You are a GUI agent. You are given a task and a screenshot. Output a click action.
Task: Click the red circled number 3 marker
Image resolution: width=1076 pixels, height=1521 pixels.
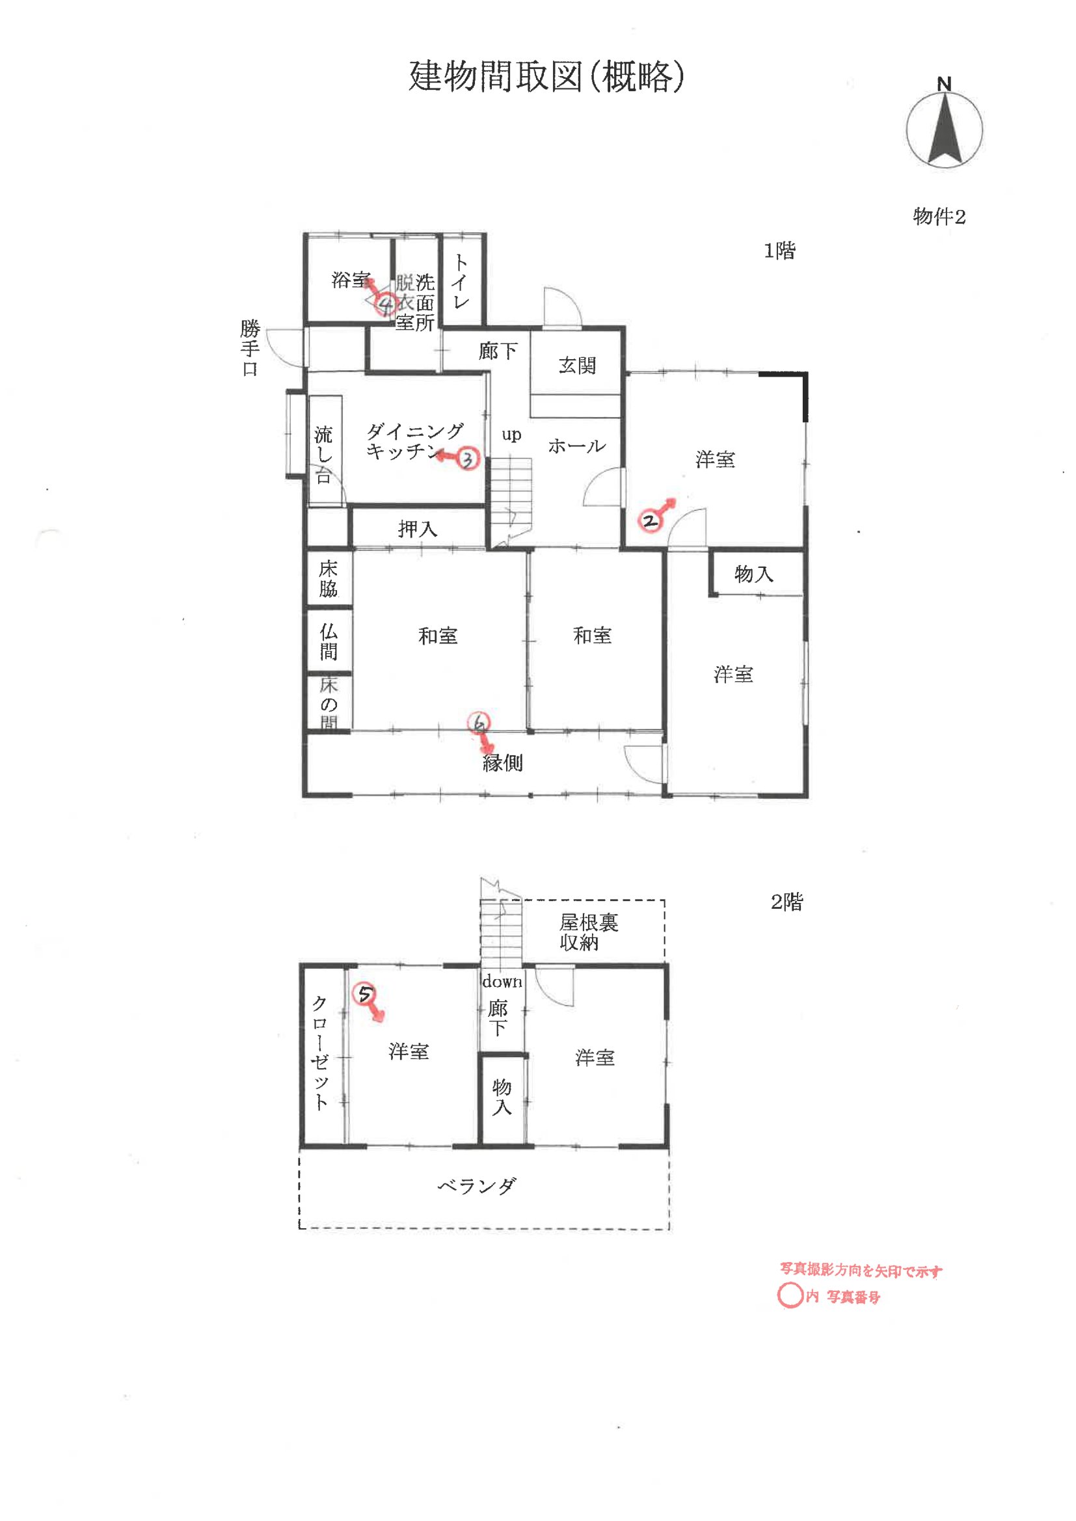click(468, 459)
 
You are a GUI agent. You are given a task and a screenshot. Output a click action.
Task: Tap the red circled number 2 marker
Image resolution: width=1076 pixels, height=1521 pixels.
click(649, 520)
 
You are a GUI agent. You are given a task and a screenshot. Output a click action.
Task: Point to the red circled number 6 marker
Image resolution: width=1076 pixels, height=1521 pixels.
click(478, 723)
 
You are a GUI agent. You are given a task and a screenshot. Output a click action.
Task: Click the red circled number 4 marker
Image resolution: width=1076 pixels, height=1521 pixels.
click(386, 304)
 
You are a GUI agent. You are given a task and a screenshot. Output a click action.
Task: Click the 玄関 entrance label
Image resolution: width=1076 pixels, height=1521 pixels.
click(577, 365)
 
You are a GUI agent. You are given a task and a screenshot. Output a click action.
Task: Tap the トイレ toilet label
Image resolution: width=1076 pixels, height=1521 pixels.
click(461, 282)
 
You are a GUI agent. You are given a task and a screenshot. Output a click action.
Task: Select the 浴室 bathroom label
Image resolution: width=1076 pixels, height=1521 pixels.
click(351, 280)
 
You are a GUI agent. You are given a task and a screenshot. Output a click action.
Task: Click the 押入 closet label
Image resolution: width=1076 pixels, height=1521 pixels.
click(418, 529)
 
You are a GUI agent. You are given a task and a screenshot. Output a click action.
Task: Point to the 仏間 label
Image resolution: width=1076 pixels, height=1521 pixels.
click(329, 641)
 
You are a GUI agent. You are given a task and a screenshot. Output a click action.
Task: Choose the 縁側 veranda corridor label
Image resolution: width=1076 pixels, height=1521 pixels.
click(502, 762)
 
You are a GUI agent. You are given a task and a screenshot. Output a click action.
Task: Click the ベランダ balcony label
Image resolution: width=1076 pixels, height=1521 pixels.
click(476, 1185)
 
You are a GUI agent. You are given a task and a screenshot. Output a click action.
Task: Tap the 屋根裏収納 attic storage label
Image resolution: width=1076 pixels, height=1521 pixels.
click(589, 932)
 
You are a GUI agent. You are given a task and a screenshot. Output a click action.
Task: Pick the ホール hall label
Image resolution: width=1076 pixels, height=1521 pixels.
click(576, 446)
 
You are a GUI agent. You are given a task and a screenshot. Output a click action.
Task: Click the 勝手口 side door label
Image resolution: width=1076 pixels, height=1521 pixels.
click(250, 349)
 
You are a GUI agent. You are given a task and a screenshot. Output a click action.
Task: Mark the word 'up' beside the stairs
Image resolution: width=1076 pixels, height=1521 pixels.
click(511, 435)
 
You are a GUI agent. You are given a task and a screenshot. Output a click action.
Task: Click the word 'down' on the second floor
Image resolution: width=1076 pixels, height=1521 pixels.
click(502, 981)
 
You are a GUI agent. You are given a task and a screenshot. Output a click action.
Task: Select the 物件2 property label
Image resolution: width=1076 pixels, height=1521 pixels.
click(939, 216)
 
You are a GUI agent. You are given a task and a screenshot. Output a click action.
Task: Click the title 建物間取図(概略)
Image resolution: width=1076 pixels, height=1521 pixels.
click(546, 76)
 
